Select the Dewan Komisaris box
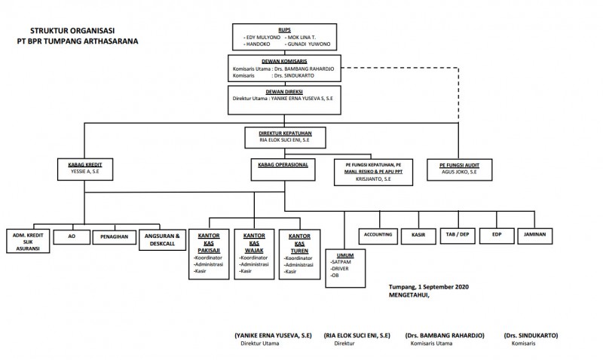point(284,69)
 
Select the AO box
point(72,236)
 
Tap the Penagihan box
point(115,236)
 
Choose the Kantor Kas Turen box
point(299,253)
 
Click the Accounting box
point(376,236)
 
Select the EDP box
point(497,236)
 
